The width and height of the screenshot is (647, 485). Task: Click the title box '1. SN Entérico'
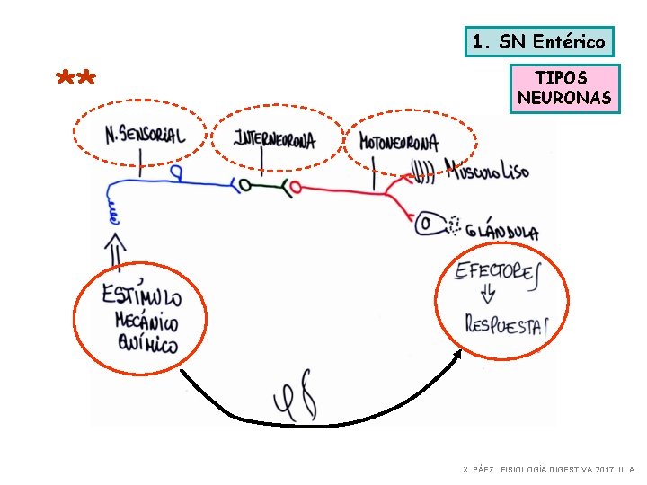pyautogui.click(x=539, y=41)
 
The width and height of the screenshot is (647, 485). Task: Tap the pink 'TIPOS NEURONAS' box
pyautogui.click(x=563, y=88)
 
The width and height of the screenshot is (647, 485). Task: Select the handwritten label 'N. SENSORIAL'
pyautogui.click(x=144, y=136)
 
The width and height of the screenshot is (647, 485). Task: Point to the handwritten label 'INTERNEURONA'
pyautogui.click(x=274, y=139)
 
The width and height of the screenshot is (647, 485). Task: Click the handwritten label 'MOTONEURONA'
pyautogui.click(x=398, y=142)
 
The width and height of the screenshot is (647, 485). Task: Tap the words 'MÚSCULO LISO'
pyautogui.click(x=486, y=170)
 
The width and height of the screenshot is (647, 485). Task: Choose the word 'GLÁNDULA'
pyautogui.click(x=503, y=232)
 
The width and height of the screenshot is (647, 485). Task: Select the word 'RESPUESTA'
pyautogui.click(x=505, y=323)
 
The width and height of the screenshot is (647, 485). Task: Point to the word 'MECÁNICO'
pyautogui.click(x=146, y=322)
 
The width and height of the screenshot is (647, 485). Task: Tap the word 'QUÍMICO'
pyautogui.click(x=146, y=343)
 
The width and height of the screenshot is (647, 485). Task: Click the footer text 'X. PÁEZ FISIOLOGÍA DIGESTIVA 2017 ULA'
pyautogui.click(x=548, y=470)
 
